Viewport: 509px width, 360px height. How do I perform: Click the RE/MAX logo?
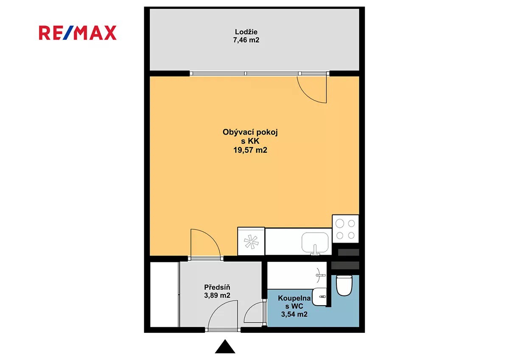point(78,33)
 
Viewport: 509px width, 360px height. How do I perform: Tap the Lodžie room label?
point(246,32)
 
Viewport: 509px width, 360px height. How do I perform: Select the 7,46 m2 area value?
point(246,40)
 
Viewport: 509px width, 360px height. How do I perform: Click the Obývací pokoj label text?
point(250,132)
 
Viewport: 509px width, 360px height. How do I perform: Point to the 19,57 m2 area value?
point(250,150)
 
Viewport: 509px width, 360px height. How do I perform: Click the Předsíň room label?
point(217,287)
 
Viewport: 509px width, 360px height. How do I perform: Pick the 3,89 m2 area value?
point(217,295)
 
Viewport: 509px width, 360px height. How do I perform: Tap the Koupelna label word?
point(294,298)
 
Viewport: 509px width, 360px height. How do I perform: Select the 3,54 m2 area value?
point(294,314)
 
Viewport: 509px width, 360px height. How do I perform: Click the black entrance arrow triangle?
point(225,346)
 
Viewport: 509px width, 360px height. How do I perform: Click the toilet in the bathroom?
point(344,285)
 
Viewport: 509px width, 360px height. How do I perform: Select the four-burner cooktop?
point(345,229)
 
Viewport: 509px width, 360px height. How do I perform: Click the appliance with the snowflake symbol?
point(251,241)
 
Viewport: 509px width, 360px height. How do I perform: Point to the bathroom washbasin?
point(319,297)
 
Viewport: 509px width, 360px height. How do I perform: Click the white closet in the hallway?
point(165,294)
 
